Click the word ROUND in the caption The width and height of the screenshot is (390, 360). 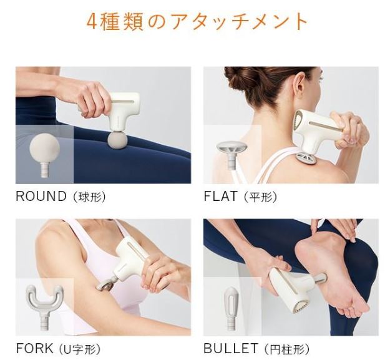[41, 196]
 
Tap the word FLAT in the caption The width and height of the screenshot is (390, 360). [220, 196]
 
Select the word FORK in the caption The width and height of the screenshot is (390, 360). [34, 348]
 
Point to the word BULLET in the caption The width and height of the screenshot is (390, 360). [230, 348]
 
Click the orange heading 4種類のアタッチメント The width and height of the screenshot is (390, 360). [197, 21]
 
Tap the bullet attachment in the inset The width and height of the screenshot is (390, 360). [232, 309]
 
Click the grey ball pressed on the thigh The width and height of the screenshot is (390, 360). [117, 141]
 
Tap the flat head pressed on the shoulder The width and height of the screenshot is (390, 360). [306, 158]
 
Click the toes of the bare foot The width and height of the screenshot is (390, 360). [353, 311]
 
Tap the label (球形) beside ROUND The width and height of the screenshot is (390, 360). [89, 197]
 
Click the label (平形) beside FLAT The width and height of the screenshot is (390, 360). [260, 197]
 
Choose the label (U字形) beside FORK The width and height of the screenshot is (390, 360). [80, 349]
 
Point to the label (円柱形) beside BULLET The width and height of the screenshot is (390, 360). [286, 349]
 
